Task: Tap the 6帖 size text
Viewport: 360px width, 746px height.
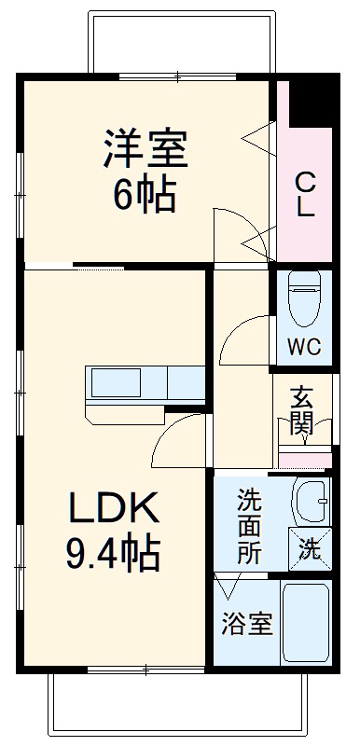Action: coord(145,194)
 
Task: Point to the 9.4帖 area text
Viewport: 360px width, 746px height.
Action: coord(113,555)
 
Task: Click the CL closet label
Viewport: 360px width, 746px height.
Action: coord(306,194)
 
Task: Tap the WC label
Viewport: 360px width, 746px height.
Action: coord(303,349)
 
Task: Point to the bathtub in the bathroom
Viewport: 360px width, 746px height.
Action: coord(306,623)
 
